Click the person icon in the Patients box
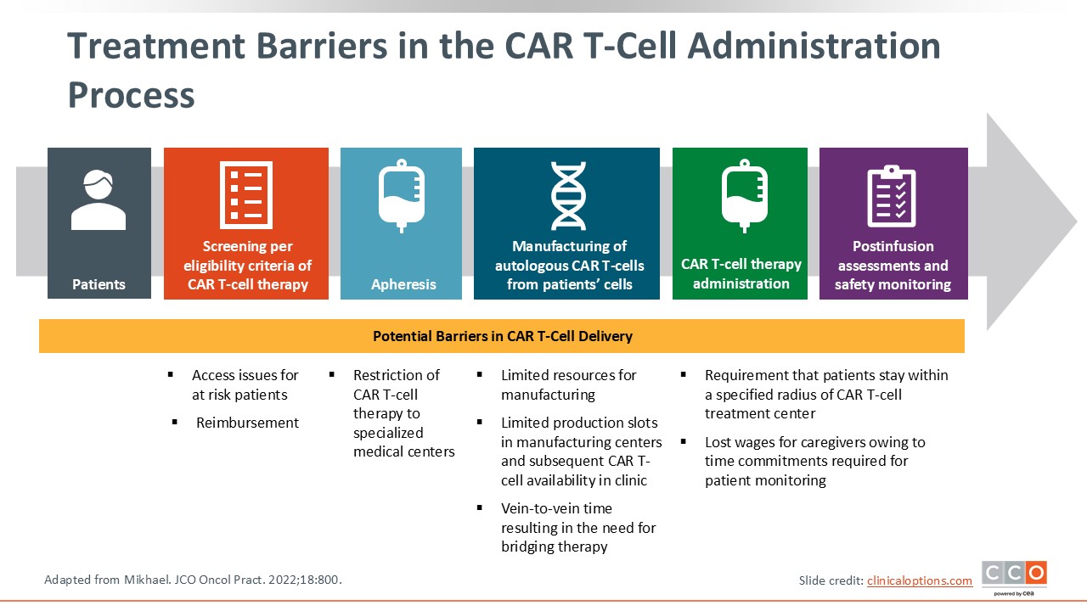tap(99, 200)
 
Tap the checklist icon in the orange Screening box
tap(245, 194)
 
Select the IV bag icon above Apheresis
tap(401, 196)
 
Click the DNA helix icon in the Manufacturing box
tap(567, 196)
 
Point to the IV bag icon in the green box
tap(744, 196)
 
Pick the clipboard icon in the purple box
tap(891, 196)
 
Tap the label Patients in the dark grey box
tap(99, 284)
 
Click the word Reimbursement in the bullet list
tap(247, 423)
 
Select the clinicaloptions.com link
tap(920, 580)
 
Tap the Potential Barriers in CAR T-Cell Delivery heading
tap(502, 336)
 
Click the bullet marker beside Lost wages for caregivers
tap(684, 442)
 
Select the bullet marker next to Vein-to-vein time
tap(480, 508)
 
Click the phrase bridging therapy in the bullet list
tap(554, 547)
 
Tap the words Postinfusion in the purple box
tap(893, 246)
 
